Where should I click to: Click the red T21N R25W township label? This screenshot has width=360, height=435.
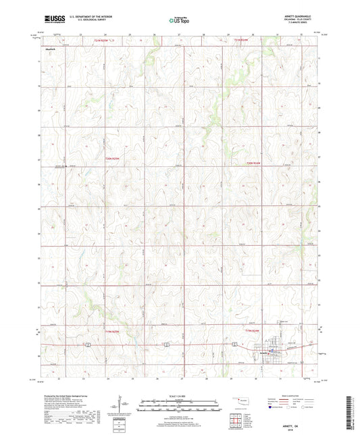(101, 42)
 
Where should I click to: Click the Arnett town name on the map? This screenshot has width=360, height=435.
(261, 351)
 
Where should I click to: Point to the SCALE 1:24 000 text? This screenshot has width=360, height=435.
(179, 395)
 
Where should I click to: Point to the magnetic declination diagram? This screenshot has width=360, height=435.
(120, 406)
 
